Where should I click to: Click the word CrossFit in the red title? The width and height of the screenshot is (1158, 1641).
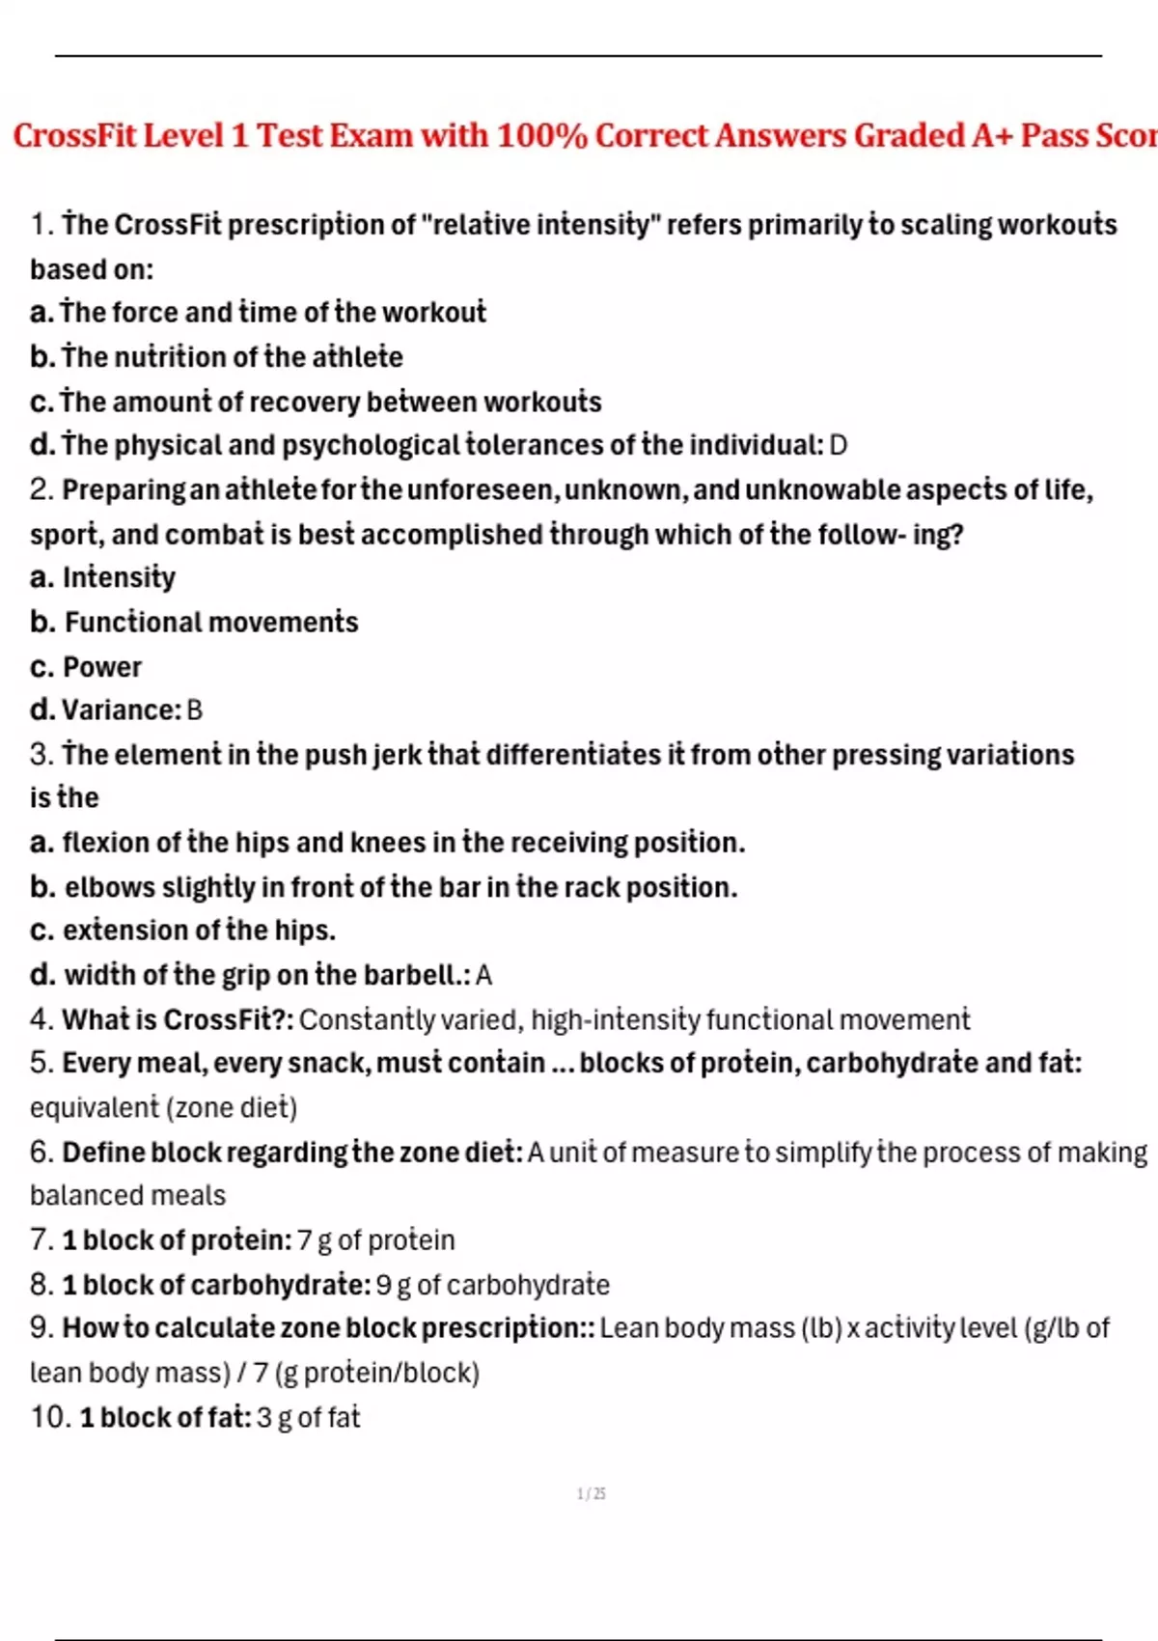tap(75, 135)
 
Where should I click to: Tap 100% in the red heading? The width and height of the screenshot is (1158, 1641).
tap(541, 135)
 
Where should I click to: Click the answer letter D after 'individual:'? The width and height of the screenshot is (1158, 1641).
tap(838, 445)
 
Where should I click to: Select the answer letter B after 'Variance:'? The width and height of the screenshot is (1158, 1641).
tap(194, 710)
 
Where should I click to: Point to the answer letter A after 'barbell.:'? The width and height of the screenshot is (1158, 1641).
tap(483, 976)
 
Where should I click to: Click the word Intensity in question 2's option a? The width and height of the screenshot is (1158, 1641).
tap(119, 577)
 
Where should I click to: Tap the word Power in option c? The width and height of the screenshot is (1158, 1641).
tap(102, 667)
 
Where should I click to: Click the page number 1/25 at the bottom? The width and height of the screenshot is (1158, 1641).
tap(591, 1494)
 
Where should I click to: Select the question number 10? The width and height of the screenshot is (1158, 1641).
tap(50, 1417)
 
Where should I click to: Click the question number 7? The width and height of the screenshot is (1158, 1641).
tap(40, 1239)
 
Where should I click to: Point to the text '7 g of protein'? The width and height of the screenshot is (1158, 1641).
tap(375, 1239)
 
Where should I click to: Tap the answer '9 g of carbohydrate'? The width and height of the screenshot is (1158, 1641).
tap(492, 1285)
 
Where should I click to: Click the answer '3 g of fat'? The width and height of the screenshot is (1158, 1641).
tap(308, 1417)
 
